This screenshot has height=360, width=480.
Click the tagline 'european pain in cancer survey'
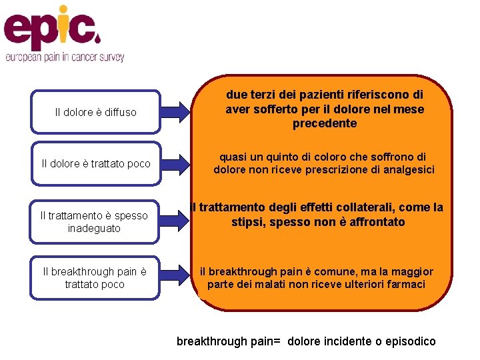[x=65, y=58]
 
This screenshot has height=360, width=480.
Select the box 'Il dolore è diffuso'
[x=95, y=112]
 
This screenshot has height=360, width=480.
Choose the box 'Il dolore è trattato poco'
[x=95, y=163]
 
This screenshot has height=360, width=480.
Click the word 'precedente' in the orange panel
[x=325, y=123]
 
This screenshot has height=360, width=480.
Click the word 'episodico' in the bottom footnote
[x=408, y=341]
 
